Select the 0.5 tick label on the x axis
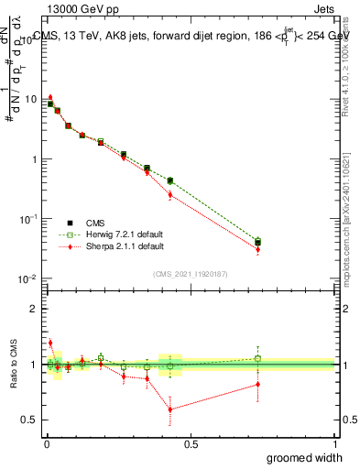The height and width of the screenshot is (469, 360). point(191,444)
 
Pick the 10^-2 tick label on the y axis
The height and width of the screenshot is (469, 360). point(27,278)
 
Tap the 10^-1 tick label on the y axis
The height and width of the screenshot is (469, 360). point(27,219)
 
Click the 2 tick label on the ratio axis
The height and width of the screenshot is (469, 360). point(35,309)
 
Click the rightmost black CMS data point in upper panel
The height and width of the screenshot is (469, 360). point(257,243)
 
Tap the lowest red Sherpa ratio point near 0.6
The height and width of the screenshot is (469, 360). point(170,409)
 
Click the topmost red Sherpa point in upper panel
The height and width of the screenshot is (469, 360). point(50,96)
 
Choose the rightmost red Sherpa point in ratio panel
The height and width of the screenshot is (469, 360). point(257,384)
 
